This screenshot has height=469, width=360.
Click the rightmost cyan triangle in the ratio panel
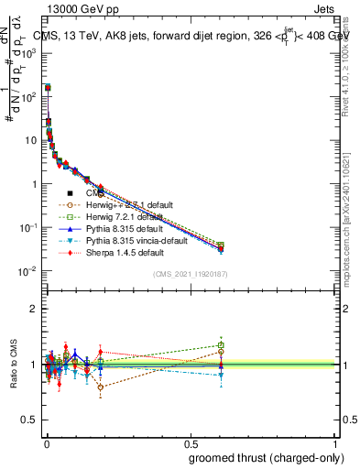coord(222,376)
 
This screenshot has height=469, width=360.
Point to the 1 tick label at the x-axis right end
coord(334,443)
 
